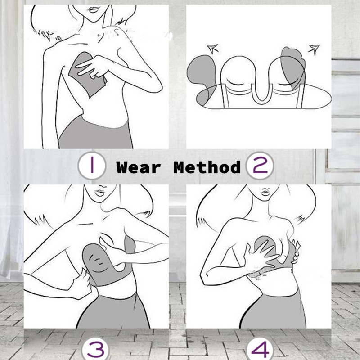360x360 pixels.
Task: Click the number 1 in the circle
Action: pyautogui.click(x=92, y=166)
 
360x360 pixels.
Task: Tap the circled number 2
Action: pyautogui.click(x=260, y=166)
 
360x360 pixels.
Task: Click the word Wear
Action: pyautogui.click(x=138, y=167)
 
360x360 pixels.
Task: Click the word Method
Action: pyautogui.click(x=207, y=167)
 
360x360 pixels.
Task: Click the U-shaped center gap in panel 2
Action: pyautogui.click(x=259, y=85)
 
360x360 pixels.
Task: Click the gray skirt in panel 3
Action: pyautogui.click(x=112, y=310)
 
